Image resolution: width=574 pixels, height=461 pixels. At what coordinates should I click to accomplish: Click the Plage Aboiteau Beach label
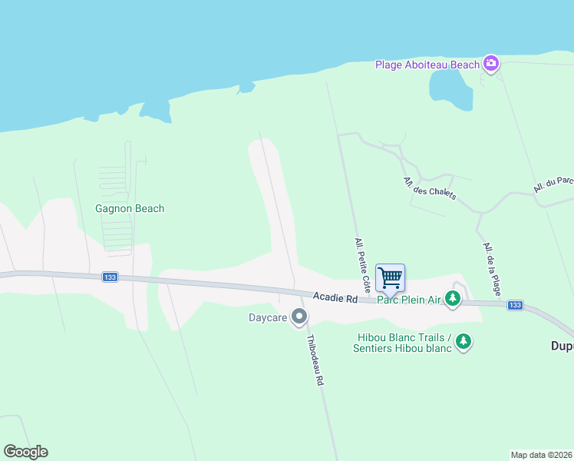pos(427,65)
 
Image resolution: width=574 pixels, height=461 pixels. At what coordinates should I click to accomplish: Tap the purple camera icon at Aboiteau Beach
pos(491,64)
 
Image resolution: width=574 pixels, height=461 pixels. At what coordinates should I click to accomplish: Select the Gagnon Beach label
pos(130,208)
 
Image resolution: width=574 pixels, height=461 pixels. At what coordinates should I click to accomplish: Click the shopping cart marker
pos(390,277)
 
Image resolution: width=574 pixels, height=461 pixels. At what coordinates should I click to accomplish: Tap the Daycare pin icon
pos(299,317)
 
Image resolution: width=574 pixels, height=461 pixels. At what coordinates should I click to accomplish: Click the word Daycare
pos(268,317)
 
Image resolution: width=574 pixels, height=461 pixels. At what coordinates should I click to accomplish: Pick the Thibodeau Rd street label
pos(315,360)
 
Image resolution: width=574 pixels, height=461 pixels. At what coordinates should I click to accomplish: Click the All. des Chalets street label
pos(429,188)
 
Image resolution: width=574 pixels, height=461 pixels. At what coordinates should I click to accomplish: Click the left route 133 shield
pos(110,277)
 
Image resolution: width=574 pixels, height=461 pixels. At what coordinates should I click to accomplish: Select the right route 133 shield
pos(514,305)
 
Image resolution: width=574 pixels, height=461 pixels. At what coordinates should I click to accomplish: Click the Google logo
pos(25,452)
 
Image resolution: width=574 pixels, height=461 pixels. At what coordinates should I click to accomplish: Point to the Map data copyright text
pos(541,455)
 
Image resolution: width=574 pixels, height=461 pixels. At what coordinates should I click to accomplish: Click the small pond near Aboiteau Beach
pos(450,91)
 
